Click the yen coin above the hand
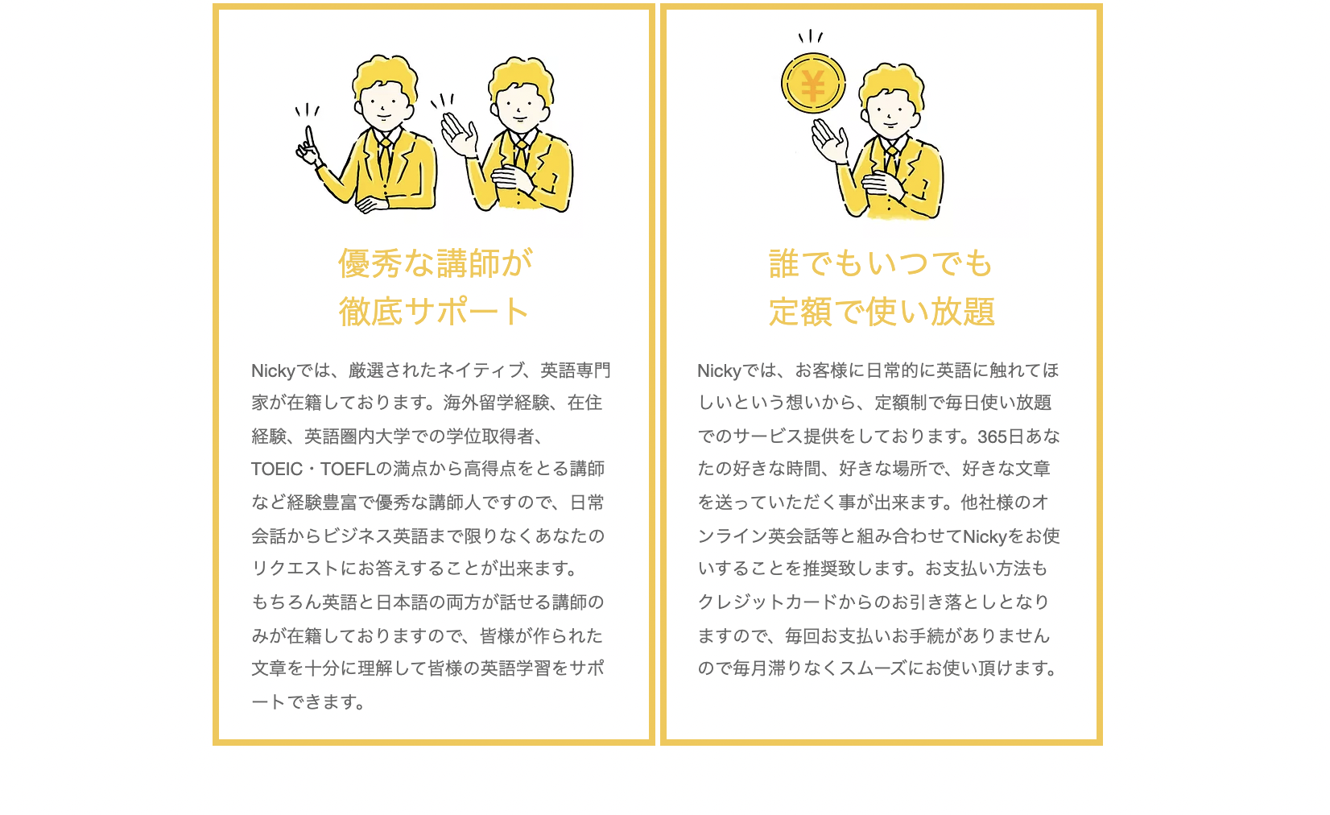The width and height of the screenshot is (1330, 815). pyautogui.click(x=813, y=84)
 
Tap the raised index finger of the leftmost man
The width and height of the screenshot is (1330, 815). pyautogui.click(x=307, y=134)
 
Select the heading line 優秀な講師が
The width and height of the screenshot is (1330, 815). pyautogui.click(x=435, y=263)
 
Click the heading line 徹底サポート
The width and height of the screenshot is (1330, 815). pyautogui.click(x=434, y=312)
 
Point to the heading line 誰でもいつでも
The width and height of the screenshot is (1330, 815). pyautogui.click(x=881, y=263)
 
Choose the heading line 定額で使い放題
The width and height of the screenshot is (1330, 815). pyautogui.click(x=882, y=312)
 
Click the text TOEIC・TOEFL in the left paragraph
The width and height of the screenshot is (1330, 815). pyautogui.click(x=312, y=469)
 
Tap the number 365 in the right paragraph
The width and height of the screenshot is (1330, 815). pyautogui.click(x=991, y=436)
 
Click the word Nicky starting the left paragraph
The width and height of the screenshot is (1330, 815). pyautogui.click(x=273, y=370)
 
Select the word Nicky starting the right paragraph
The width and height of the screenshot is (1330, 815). pyautogui.click(x=719, y=370)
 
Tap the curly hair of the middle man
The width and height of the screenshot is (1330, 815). pyautogui.click(x=522, y=72)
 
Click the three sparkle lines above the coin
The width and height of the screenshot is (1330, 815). pyautogui.click(x=810, y=36)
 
